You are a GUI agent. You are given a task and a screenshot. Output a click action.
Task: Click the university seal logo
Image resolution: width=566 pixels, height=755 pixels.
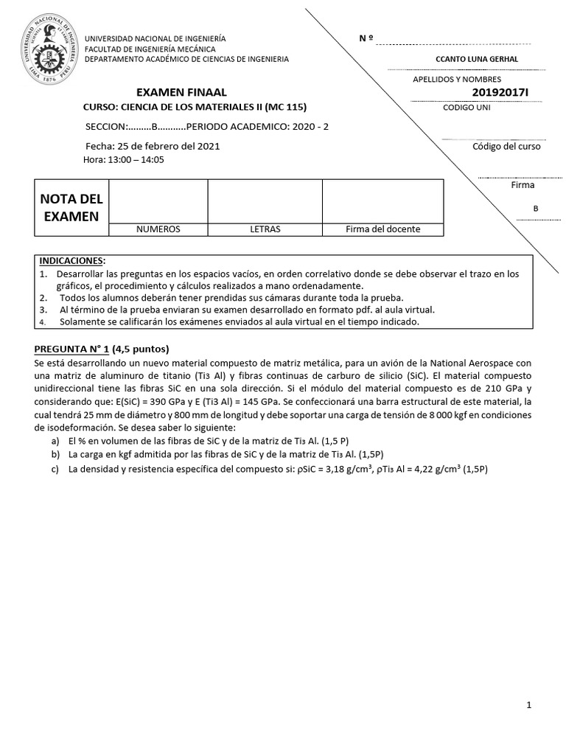pos(52,46)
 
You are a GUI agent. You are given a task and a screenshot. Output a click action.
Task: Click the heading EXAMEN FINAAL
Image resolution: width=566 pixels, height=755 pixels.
pos(182,92)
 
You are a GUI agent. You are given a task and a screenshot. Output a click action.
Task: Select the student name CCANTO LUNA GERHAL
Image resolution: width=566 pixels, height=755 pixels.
pos(477,59)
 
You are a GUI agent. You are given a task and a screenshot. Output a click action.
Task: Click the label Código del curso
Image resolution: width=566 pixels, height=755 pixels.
pos(506,146)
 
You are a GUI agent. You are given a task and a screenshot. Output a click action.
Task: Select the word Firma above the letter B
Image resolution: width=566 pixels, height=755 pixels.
pos(523,185)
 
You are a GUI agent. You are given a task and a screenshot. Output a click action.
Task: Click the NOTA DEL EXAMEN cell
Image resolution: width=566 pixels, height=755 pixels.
pos(71,207)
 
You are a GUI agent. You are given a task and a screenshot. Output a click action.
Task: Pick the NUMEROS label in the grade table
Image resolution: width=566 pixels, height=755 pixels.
pos(158,229)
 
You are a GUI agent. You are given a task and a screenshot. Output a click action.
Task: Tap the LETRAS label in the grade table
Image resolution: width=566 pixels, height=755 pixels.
pos(265,229)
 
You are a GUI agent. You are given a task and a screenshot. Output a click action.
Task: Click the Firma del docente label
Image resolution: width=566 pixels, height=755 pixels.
pos(382,229)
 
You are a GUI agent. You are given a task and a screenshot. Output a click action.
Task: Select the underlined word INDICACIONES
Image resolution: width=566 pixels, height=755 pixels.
pos(71,261)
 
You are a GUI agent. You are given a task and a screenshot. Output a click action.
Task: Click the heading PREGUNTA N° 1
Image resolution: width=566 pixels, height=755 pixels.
pos(72,349)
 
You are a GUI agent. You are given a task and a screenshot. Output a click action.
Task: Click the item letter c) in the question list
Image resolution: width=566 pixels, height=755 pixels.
pos(55,469)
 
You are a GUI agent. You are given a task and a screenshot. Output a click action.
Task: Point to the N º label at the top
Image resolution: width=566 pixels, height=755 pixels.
pos(366,38)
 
